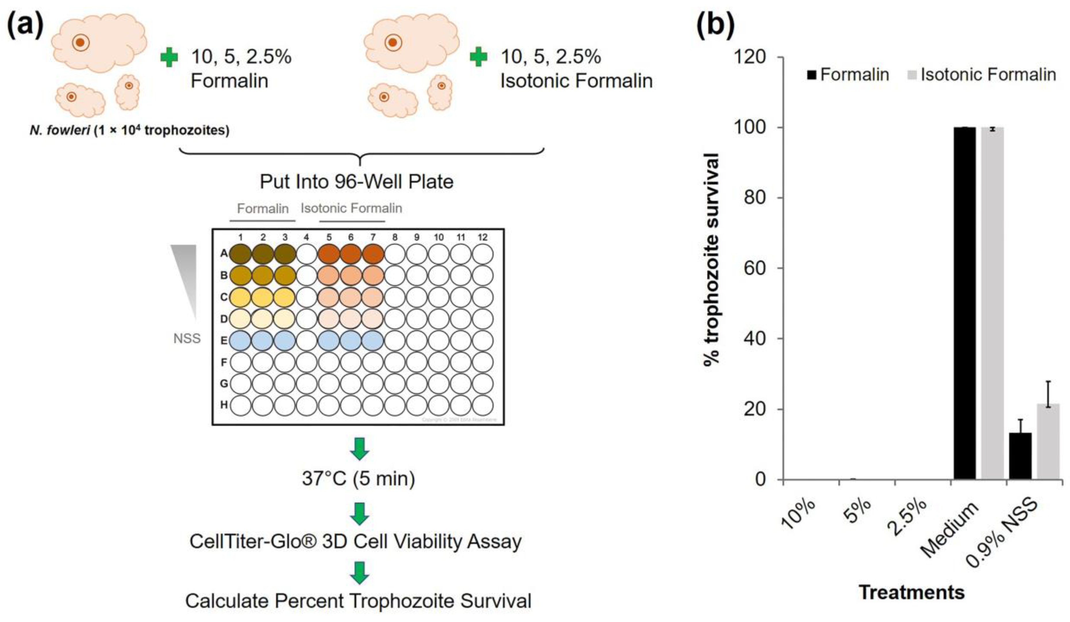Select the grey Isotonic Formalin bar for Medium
pos(992,304)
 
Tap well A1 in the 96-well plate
pos(240,254)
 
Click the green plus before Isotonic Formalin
pos(479,58)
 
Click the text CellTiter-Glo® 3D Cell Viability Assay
pos(356,542)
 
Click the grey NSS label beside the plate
pos(187,339)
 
